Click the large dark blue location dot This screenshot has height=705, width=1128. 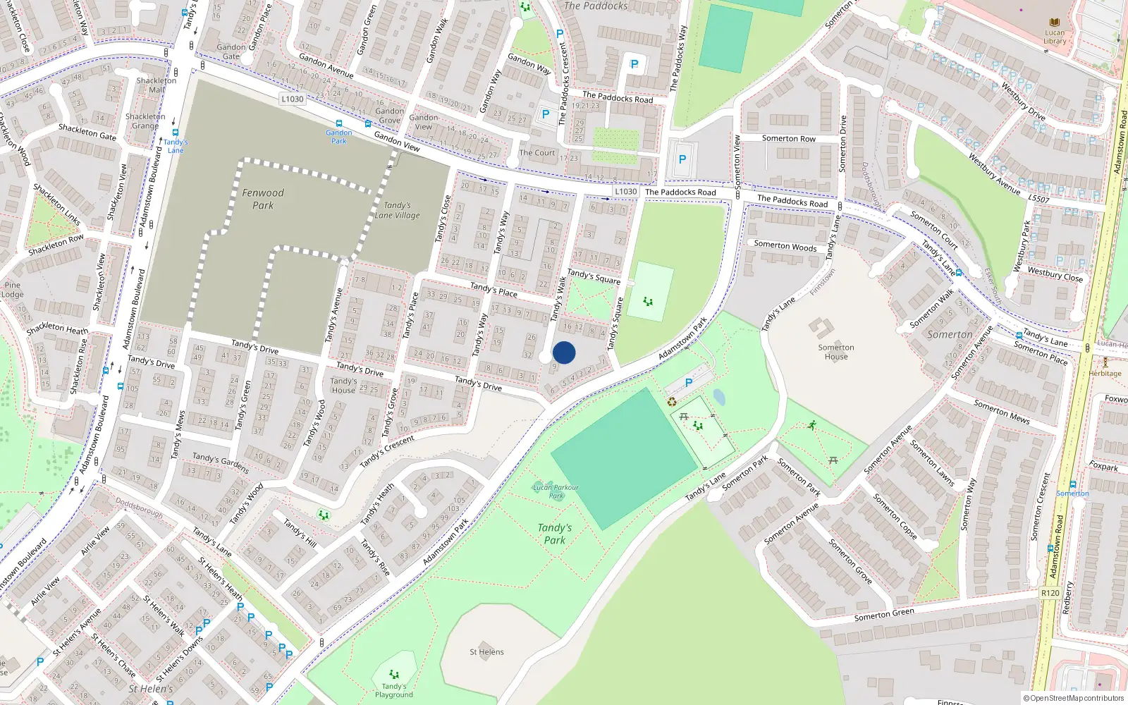[564, 352]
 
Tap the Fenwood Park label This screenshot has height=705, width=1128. [263, 199]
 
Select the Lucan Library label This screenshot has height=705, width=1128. [1055, 37]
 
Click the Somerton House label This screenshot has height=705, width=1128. [836, 352]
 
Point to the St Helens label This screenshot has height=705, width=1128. [486, 652]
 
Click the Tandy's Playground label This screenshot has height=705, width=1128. [393, 690]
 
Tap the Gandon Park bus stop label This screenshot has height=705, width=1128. [339, 137]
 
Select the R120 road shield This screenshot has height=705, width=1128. [1050, 593]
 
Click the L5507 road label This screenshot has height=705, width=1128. [1038, 200]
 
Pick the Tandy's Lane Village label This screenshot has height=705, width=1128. [397, 210]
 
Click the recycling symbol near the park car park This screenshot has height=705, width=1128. [672, 402]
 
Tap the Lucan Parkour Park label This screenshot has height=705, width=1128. [556, 491]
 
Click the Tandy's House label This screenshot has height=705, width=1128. [343, 386]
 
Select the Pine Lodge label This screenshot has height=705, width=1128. [12, 290]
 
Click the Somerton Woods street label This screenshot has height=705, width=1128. [785, 246]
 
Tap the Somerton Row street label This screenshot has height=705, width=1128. [788, 139]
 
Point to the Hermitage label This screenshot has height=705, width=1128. [1105, 374]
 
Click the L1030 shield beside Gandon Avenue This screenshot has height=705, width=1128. [292, 99]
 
